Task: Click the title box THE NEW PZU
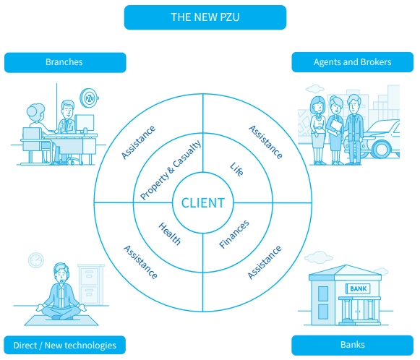(x=205, y=17)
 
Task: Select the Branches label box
(x=65, y=62)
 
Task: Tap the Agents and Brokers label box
(x=353, y=62)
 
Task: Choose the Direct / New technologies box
(x=64, y=345)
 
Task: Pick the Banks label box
(x=353, y=345)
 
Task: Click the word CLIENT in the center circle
(x=203, y=202)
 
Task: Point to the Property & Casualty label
(x=171, y=170)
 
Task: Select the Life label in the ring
(x=237, y=169)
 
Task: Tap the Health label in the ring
(x=170, y=233)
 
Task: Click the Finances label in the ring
(x=234, y=234)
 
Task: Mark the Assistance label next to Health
(x=140, y=262)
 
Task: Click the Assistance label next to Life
(x=265, y=142)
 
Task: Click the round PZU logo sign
(x=89, y=98)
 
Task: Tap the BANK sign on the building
(x=358, y=288)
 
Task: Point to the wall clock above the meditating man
(x=36, y=260)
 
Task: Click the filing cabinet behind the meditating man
(x=90, y=285)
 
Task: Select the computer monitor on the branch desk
(x=85, y=124)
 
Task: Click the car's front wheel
(x=382, y=149)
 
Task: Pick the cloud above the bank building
(x=319, y=257)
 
